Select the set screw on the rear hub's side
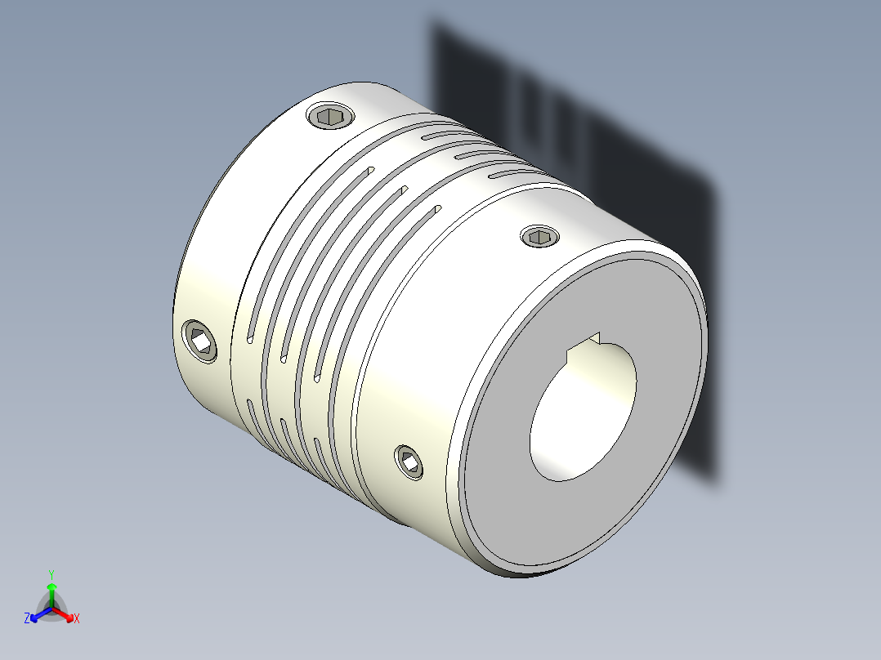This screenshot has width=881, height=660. coord(200,341)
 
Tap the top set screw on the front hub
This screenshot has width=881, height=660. coord(539,238)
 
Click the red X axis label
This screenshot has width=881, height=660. coord(77,619)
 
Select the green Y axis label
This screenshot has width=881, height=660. coord(51,574)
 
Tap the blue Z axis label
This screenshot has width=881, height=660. coord(27,619)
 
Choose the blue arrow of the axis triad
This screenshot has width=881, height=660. coord(37,615)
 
